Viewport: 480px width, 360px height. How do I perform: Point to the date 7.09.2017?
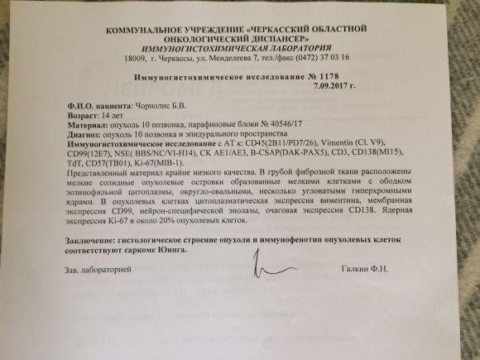pyautogui.click(x=331, y=85)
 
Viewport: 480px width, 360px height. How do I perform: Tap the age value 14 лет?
pyautogui.click(x=109, y=117)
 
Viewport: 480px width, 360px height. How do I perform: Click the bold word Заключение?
pyautogui.click(x=95, y=238)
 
